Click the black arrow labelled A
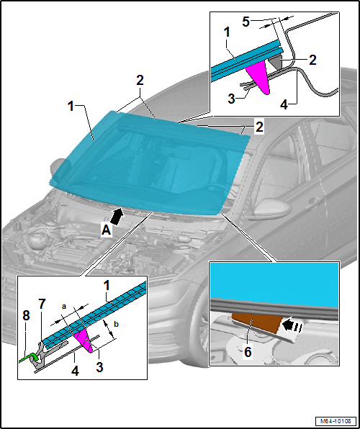click(117, 217)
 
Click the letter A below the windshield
click(107, 230)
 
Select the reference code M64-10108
click(336, 420)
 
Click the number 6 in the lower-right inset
click(248, 352)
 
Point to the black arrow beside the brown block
click(292, 325)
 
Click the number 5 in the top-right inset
click(246, 22)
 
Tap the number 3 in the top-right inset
click(232, 98)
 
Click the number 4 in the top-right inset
click(284, 104)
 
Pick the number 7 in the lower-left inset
click(42, 304)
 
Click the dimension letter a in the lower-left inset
click(64, 307)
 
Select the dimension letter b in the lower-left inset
click(116, 324)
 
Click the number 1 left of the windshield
click(71, 106)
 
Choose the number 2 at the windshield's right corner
click(259, 127)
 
